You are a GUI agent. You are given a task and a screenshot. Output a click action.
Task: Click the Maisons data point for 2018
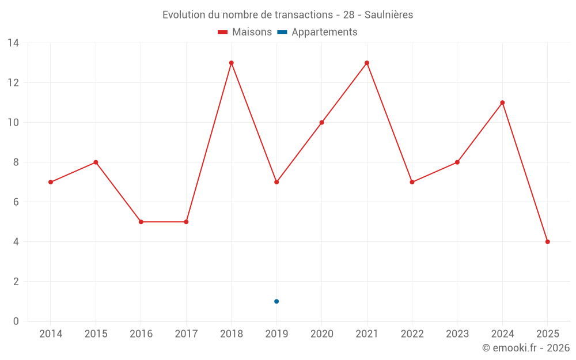(x=232, y=63)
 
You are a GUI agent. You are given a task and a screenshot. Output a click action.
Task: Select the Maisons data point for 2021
(x=367, y=63)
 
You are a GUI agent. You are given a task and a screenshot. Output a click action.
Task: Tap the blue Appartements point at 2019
(x=276, y=301)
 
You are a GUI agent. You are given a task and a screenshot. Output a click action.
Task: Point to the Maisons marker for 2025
(x=547, y=242)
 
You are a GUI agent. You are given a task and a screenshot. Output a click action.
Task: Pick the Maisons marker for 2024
(x=502, y=103)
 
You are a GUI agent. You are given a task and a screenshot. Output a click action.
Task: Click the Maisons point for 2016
(x=141, y=222)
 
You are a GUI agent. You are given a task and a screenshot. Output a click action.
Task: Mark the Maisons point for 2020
(x=321, y=123)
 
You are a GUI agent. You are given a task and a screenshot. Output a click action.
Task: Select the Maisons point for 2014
(x=51, y=182)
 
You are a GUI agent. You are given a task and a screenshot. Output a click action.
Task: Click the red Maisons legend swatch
(x=223, y=32)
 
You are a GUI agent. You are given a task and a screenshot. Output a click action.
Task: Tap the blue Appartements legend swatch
(x=282, y=32)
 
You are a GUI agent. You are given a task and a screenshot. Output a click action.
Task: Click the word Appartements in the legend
(x=324, y=32)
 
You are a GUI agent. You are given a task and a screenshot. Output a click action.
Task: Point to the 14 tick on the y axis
(x=13, y=43)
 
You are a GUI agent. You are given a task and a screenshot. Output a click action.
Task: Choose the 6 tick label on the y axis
(x=16, y=202)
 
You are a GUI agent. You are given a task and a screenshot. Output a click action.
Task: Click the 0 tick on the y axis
(x=16, y=321)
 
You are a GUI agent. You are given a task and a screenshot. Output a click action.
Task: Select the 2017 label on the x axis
(x=186, y=334)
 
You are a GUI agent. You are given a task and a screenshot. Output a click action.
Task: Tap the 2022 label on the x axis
(x=412, y=334)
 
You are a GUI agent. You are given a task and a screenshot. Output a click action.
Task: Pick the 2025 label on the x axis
(x=547, y=334)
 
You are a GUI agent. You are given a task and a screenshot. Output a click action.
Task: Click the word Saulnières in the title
(x=389, y=15)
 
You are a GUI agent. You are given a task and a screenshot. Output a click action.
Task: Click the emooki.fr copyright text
(x=526, y=348)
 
